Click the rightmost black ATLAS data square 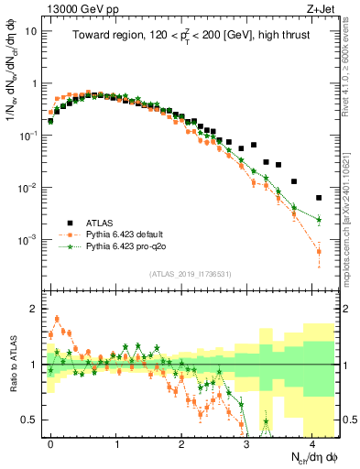coord(319,198)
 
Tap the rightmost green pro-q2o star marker coord(319,220)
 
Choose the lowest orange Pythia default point coord(319,251)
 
